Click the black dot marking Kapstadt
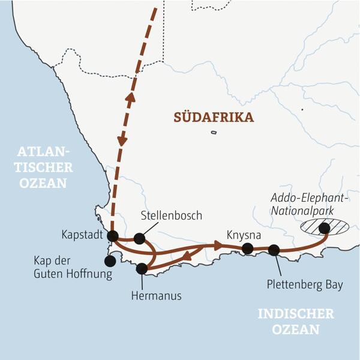[x=112, y=236]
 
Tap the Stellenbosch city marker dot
[x=139, y=238]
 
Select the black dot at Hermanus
[x=142, y=269]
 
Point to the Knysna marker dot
[x=247, y=248]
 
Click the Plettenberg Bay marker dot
[x=274, y=250]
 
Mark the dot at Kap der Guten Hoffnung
[x=110, y=261]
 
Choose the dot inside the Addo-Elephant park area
[x=324, y=227]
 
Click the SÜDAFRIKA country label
[x=214, y=118]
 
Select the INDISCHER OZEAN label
[x=295, y=322]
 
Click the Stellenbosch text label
[x=171, y=215]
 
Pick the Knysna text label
[x=241, y=233]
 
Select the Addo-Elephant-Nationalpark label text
[x=310, y=204]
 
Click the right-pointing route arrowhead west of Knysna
[x=216, y=245]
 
